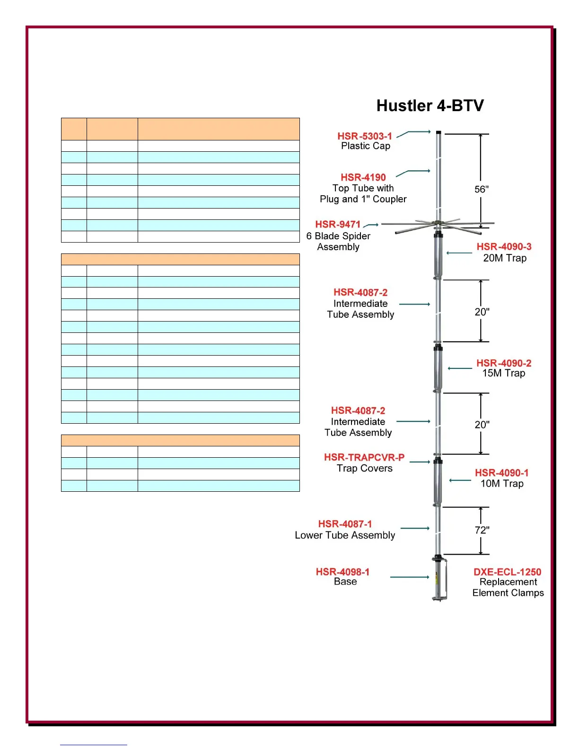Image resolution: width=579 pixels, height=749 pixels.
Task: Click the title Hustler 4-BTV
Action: coord(430,105)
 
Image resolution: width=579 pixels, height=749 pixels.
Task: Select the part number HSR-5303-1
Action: coord(364,136)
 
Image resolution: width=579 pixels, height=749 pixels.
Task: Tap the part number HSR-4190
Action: coord(363,177)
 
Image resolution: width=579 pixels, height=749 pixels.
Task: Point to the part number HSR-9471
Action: coord(338,224)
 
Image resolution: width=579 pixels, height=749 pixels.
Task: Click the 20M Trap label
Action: coord(505,258)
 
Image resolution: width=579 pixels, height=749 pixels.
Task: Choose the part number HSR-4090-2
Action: coord(504,363)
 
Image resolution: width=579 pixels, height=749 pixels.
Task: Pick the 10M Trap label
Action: coord(502,484)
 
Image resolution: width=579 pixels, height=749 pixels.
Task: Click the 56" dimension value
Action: coord(482,190)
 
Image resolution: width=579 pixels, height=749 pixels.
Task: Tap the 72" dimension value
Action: coord(482,530)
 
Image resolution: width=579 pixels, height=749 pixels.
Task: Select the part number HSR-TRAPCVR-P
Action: coord(364,457)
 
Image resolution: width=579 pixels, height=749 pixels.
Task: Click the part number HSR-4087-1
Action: coord(345,524)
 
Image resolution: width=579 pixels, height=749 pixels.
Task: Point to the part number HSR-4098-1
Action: coord(342,572)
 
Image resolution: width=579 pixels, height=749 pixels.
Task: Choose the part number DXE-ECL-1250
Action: coord(507,572)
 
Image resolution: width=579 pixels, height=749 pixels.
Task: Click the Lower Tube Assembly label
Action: coord(345,535)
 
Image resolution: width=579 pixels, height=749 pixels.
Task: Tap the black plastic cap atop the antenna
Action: coord(439,133)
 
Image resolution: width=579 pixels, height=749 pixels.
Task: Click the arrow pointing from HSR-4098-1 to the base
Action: coord(410,577)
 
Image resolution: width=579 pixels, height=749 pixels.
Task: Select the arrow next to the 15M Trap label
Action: coord(460,368)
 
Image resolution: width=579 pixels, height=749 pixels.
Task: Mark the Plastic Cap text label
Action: coord(366,146)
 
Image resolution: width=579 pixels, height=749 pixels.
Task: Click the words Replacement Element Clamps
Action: coord(508,587)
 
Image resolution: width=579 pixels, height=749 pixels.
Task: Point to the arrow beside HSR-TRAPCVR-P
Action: coord(420,462)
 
